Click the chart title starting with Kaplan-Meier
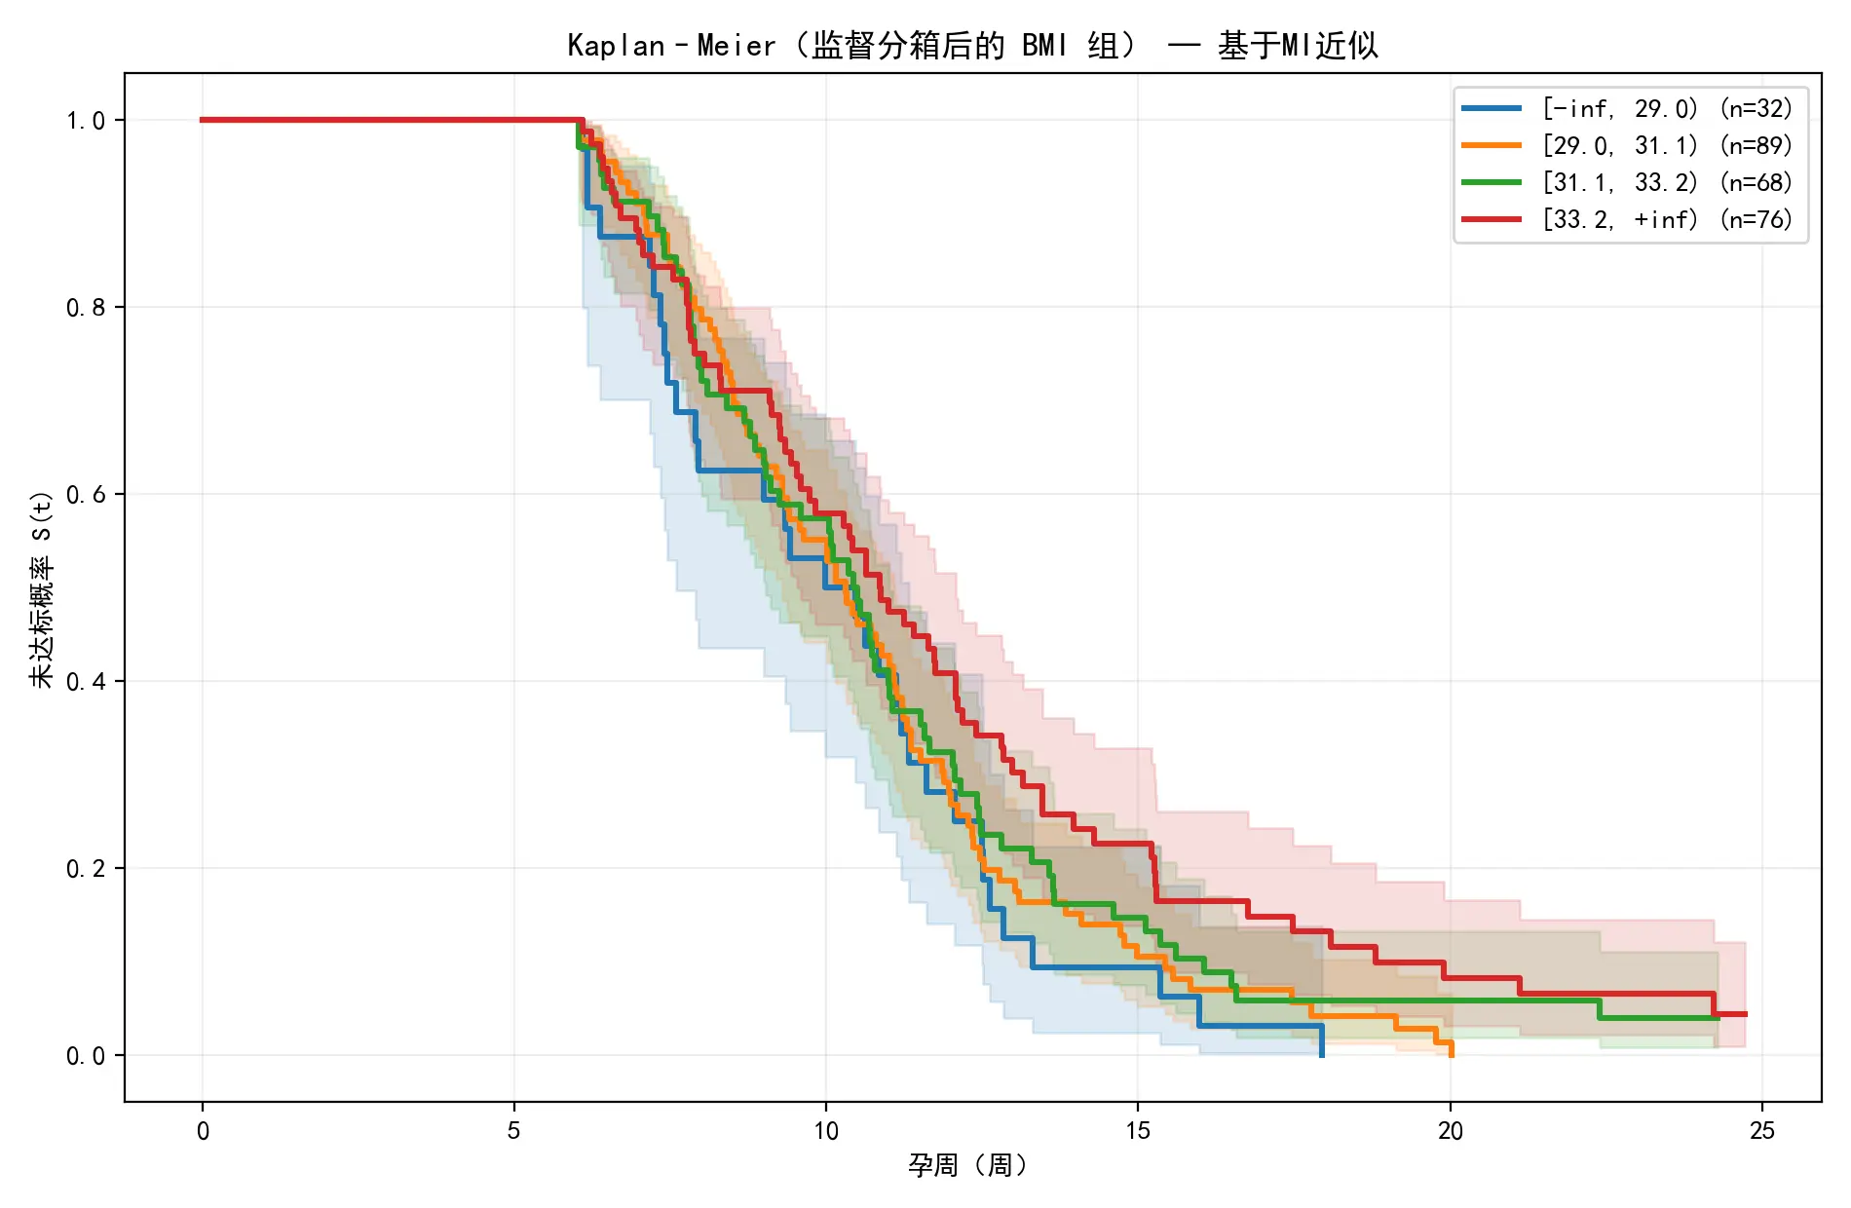[972, 46]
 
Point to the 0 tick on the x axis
[203, 1131]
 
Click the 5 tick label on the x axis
[514, 1131]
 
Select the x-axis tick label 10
[826, 1131]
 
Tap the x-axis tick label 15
[1138, 1131]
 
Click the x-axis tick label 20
[1450, 1131]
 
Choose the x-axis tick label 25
[1762, 1131]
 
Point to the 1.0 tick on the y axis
[86, 121]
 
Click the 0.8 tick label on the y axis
[86, 308]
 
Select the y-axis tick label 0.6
[86, 495]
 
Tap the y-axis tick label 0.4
[86, 682]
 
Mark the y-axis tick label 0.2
[86, 869]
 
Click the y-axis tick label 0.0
[86, 1056]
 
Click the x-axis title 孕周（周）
[968, 1165]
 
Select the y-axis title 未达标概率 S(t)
[42, 588]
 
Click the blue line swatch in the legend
[1492, 109]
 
